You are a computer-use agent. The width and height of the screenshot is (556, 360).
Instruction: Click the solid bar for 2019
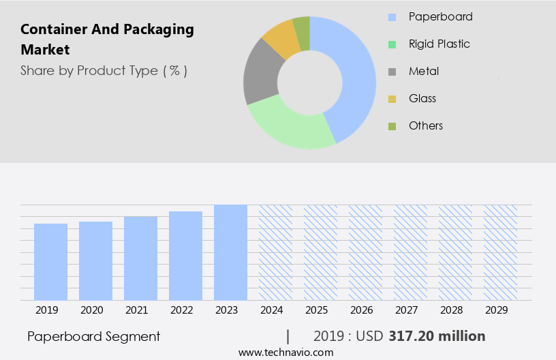(50, 262)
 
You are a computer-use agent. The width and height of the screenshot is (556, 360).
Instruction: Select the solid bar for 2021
(140, 258)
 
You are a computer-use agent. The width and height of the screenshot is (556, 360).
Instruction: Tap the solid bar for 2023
(230, 252)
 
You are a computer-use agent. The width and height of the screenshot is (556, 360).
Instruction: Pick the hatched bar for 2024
(275, 252)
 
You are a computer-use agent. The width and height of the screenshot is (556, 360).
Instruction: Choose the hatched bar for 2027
(410, 252)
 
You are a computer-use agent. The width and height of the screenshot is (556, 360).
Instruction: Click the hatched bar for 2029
(500, 252)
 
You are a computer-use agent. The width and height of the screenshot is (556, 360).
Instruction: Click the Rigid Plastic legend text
(439, 44)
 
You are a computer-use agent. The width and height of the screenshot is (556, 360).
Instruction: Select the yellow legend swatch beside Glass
(392, 99)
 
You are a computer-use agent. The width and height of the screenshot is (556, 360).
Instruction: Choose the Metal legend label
(423, 71)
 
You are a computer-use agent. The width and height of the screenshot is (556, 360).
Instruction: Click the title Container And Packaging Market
(107, 40)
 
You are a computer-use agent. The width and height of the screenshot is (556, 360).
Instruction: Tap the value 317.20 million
(437, 336)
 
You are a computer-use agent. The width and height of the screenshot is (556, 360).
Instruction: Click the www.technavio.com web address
(286, 352)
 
